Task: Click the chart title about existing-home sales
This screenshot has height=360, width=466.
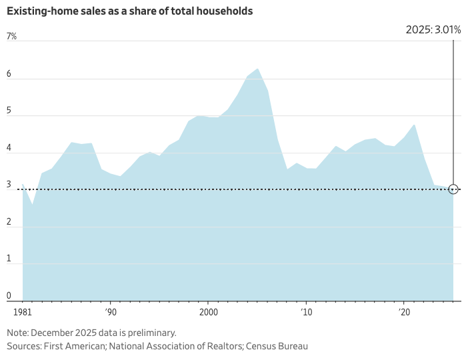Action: coord(129,11)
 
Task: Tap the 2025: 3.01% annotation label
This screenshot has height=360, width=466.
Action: coord(433,29)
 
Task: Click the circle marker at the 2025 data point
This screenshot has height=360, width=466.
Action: coord(453,189)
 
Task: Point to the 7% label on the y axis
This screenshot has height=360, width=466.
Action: coord(11,37)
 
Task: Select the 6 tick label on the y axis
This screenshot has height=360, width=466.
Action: coord(9,74)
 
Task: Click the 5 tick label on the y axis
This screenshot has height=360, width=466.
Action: coord(9,111)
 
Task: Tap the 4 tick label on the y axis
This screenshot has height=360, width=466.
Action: coord(9,148)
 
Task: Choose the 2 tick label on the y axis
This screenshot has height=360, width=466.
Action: coord(9,222)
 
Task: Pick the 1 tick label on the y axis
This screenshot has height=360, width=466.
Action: coord(9,259)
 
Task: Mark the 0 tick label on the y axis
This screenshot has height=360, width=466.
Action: coord(9,296)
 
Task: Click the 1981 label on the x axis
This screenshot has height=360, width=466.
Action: coord(22,311)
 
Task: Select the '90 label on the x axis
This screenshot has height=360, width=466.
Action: coord(111,311)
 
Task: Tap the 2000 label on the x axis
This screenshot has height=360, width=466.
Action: coord(209,311)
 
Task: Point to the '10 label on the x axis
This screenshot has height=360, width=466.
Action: coord(306,311)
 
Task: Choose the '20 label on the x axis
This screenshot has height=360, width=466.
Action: coord(403,311)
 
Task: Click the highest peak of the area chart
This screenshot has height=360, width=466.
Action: coord(258,69)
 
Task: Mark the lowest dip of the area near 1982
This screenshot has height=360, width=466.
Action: coord(33,204)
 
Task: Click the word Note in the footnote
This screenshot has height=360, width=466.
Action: coord(18,332)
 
